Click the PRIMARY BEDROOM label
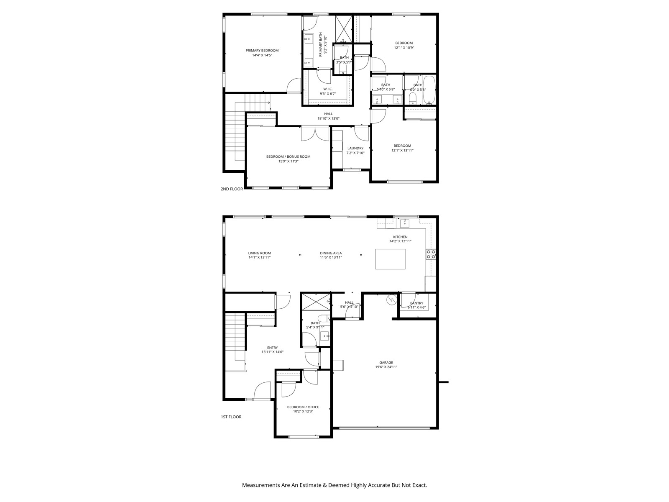[x=262, y=51]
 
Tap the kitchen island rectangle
[x=390, y=259]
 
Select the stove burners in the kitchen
[x=431, y=254]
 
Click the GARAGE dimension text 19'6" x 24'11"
[x=386, y=367]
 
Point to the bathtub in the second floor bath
[x=429, y=90]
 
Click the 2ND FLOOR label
[x=232, y=189]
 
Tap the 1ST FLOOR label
[x=231, y=417]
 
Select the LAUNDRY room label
[x=355, y=148]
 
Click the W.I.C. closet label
[x=327, y=89]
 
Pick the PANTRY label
[x=416, y=303]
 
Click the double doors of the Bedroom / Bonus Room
[x=315, y=133]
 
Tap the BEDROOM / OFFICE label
[x=303, y=407]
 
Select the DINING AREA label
[x=331, y=253]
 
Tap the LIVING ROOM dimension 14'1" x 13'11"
[x=259, y=258]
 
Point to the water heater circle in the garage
[x=391, y=300]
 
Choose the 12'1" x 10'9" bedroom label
[x=404, y=43]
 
